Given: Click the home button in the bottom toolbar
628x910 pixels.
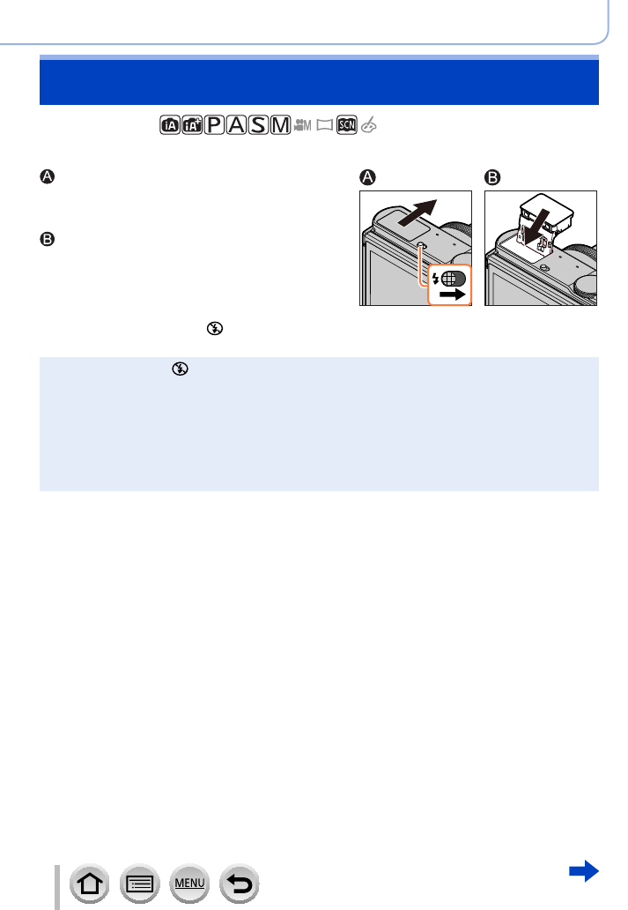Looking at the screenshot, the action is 90,884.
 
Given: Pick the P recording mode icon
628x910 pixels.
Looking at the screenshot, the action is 214,126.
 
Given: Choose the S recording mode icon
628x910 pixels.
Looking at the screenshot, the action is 258,126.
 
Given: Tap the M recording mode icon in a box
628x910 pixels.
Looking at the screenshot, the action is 280,126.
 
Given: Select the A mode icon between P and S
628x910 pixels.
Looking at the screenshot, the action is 236,126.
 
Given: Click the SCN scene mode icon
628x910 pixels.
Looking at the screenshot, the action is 346,126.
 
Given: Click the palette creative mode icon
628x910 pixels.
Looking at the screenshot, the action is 368,126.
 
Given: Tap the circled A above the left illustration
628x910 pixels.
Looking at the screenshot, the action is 367,177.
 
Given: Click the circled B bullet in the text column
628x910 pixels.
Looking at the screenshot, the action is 48,238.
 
